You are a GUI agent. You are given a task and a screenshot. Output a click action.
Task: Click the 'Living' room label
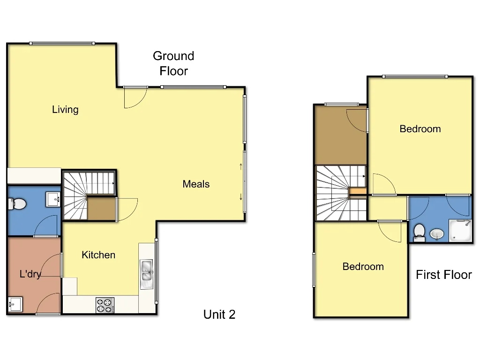[65, 110]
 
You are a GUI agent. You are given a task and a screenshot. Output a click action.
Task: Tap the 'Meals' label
[196, 184]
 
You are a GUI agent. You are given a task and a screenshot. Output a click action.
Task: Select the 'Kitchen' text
[98, 255]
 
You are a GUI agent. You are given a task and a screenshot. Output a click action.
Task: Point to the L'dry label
[30, 274]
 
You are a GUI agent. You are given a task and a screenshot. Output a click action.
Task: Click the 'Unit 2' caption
[219, 315]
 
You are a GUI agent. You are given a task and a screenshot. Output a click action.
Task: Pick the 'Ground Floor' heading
[173, 63]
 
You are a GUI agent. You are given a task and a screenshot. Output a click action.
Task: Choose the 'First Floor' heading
[443, 275]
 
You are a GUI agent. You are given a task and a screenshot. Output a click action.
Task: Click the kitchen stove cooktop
[105, 306]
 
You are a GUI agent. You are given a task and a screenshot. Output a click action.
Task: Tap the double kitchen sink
[147, 270]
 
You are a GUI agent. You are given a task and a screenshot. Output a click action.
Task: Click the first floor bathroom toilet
[419, 232]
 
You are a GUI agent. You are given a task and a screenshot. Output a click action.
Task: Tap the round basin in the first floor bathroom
[437, 233]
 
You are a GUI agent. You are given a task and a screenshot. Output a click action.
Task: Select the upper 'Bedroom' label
[420, 129]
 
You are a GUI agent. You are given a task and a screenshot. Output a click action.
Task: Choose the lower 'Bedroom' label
[363, 267]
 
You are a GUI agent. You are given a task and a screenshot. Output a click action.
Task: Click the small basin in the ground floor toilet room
[52, 200]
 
